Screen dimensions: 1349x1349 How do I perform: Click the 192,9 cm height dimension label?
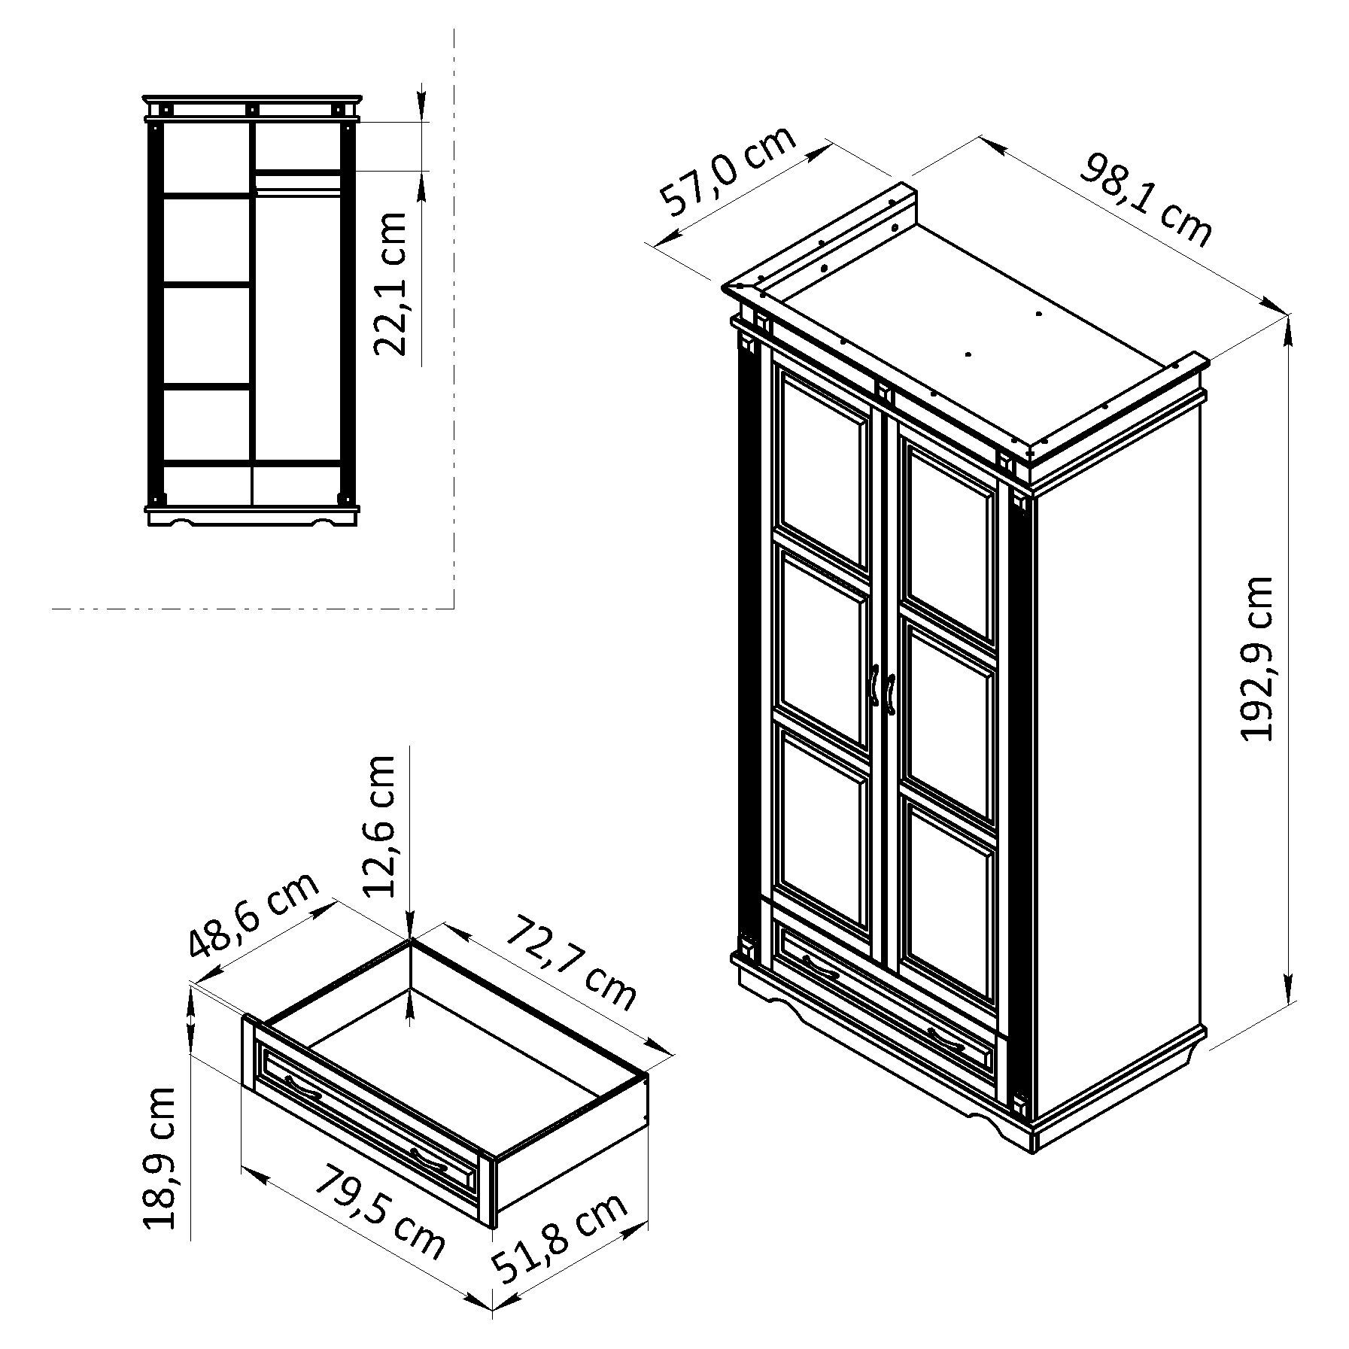1256,659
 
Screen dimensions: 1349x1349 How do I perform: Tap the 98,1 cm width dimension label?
1146,199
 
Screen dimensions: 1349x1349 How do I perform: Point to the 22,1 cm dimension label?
389,284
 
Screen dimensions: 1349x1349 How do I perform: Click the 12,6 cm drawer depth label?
378,826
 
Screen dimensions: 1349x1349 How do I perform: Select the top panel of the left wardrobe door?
825,469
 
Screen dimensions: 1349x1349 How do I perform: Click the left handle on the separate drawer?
302,1088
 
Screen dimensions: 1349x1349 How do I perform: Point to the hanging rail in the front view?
298,193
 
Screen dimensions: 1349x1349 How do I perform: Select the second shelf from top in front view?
208,285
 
